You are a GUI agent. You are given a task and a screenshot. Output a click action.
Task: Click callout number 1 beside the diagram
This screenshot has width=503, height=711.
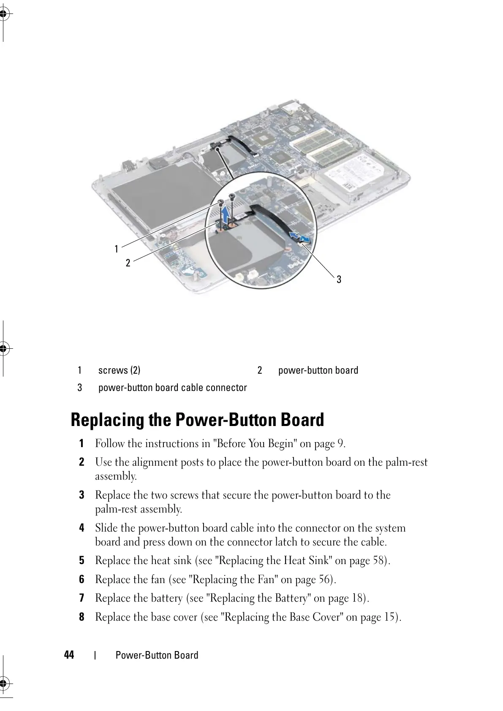[x=117, y=249]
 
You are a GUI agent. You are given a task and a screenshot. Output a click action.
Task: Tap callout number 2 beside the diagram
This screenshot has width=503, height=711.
[x=128, y=263]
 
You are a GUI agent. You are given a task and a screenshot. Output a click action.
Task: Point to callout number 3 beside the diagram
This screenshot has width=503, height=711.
[x=339, y=279]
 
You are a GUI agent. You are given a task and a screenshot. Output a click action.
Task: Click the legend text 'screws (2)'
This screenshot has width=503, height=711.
[x=119, y=370]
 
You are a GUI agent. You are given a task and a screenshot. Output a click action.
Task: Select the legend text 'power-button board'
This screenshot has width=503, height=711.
[x=318, y=370]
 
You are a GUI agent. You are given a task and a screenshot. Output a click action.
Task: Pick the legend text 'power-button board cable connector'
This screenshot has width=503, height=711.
[x=172, y=388]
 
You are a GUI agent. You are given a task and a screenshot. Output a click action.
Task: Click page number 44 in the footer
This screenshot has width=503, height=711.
[x=69, y=655]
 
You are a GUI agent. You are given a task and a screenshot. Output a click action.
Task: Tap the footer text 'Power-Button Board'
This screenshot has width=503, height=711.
[x=157, y=655]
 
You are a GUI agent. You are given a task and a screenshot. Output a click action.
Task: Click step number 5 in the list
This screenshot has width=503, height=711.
[x=82, y=561]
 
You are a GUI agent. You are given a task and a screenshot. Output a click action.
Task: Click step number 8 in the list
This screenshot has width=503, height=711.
[x=82, y=617]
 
